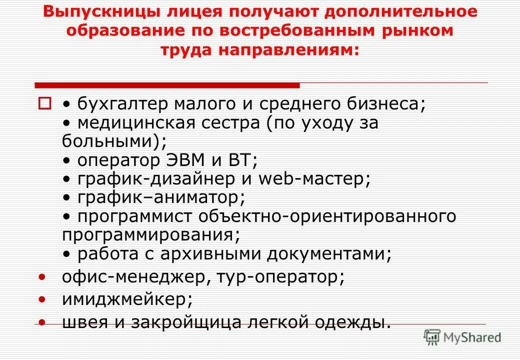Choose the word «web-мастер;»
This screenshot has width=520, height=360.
[314, 179]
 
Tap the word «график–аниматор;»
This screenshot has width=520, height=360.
[161, 197]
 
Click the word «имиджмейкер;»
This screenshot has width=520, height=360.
[127, 299]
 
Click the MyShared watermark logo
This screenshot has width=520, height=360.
[462, 338]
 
